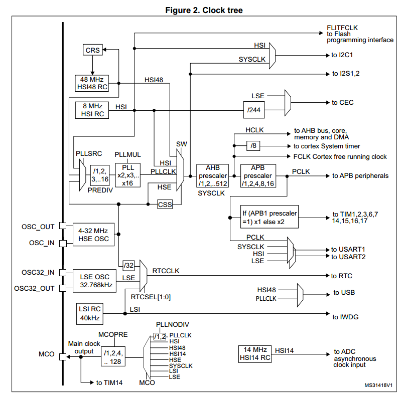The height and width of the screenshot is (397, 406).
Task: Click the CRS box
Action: [x=92, y=50]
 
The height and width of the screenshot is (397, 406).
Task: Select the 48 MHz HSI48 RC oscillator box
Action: [x=92, y=83]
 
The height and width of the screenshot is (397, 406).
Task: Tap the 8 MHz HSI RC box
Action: [x=92, y=110]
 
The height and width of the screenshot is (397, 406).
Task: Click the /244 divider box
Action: [x=254, y=110]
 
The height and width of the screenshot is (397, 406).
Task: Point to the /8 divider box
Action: [x=253, y=146]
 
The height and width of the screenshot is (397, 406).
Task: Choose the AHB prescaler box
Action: [x=213, y=175]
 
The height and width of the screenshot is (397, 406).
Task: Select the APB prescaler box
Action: [x=258, y=175]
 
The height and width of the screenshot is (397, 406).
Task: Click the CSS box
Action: [x=165, y=205]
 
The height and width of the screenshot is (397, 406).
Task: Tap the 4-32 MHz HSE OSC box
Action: [x=93, y=235]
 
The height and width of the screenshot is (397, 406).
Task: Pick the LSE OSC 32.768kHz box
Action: [x=94, y=281]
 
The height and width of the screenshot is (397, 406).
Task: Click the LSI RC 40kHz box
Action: [x=90, y=314]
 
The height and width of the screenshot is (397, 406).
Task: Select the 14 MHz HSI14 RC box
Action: [x=255, y=354]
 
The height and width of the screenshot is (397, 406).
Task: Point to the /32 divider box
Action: [x=128, y=265]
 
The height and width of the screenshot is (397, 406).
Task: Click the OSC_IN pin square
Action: [x=63, y=244]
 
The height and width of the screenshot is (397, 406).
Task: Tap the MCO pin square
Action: [x=63, y=357]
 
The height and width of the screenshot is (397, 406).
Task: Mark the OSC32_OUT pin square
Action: [x=63, y=288]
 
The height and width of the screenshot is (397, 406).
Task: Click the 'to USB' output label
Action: [x=344, y=293]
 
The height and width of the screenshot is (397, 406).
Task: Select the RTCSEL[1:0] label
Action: [x=151, y=297]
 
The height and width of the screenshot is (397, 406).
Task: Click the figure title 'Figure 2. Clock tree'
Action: [x=204, y=10]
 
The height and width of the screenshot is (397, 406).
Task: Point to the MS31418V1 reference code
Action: [x=378, y=385]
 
